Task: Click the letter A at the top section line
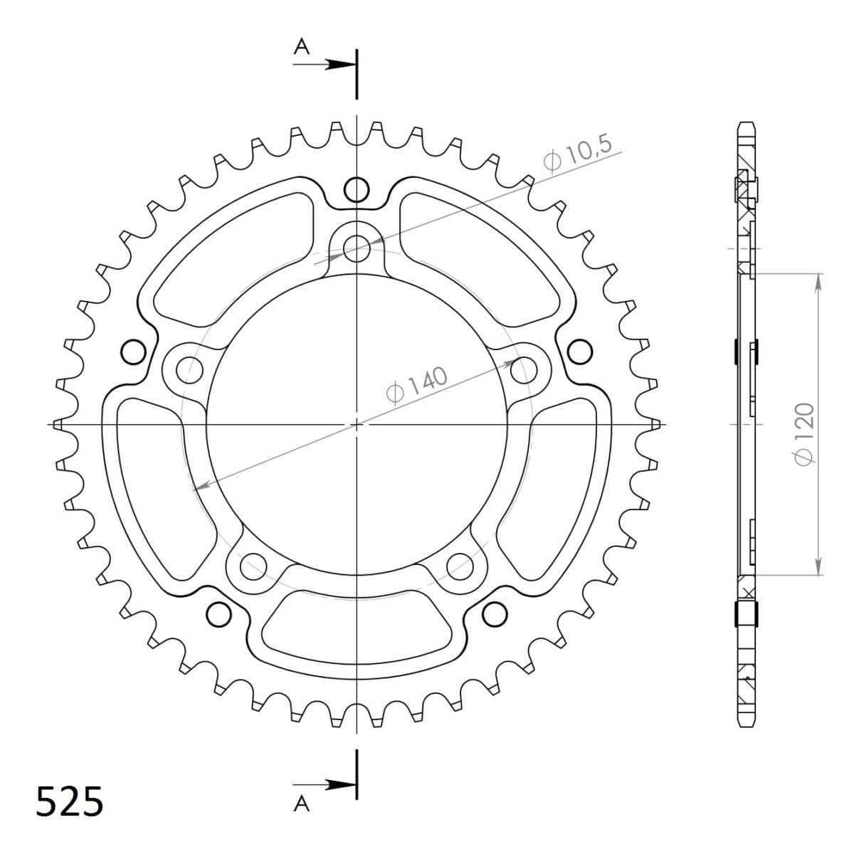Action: [302, 47]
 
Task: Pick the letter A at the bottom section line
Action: [302, 804]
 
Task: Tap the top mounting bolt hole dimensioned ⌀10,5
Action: [357, 248]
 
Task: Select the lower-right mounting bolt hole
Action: [460, 566]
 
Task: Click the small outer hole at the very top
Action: [357, 189]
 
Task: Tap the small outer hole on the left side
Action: [132, 351]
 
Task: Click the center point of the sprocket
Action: [357, 424]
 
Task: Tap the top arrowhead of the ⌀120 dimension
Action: [818, 280]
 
